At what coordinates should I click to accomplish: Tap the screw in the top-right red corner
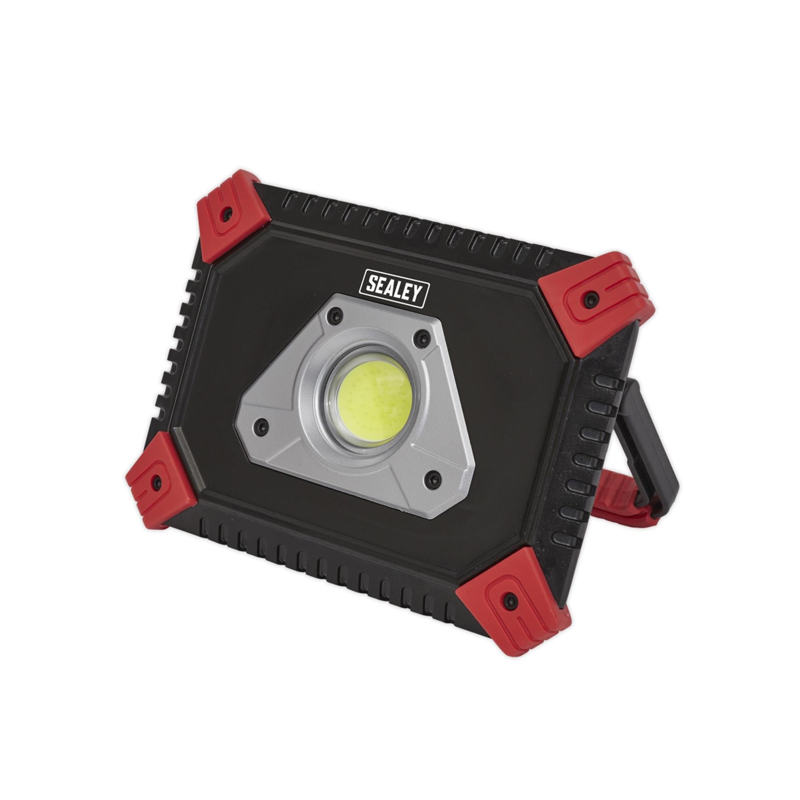pos(591,296)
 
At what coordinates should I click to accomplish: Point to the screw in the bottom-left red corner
pos(156,480)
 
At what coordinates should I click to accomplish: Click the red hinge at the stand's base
pos(622,498)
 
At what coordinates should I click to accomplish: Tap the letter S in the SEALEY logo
pos(372,285)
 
